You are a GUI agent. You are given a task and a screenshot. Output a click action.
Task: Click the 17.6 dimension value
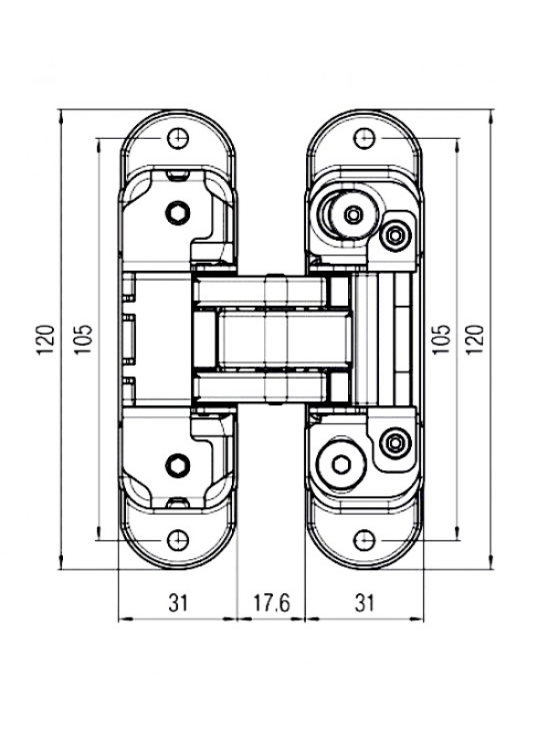click(271, 603)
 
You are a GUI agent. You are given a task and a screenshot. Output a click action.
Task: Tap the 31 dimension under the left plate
click(178, 603)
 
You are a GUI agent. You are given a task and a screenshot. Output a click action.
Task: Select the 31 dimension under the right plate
click(364, 603)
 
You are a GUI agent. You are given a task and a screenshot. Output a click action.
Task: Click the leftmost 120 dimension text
click(47, 339)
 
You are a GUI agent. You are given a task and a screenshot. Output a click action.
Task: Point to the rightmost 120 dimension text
click(475, 339)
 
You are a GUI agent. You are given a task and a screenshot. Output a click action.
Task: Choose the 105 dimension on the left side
click(84, 339)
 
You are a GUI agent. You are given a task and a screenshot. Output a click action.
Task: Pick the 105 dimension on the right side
click(442, 339)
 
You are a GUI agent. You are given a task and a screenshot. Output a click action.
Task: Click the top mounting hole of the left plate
click(178, 139)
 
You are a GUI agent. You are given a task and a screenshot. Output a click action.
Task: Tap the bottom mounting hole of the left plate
click(178, 540)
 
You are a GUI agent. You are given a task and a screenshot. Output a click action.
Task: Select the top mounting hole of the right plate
click(364, 138)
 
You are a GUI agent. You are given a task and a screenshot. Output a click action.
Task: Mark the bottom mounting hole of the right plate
click(364, 540)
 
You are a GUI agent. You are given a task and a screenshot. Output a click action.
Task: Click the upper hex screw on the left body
click(177, 214)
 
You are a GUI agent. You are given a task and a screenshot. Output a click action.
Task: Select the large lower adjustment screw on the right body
click(340, 464)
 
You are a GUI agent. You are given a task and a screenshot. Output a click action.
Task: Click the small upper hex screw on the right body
click(395, 235)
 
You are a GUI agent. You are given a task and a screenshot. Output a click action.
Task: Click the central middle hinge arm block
click(285, 339)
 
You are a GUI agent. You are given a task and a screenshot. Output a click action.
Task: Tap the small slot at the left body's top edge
click(178, 174)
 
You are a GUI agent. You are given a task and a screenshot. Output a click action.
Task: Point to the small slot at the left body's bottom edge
click(178, 503)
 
